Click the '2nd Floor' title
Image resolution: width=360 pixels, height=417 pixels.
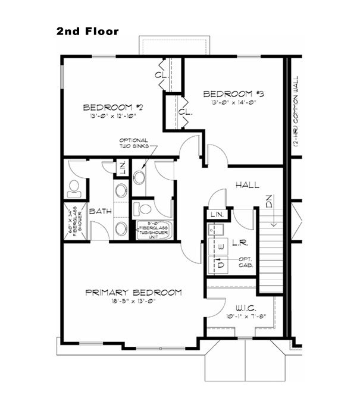click(x=87, y=31)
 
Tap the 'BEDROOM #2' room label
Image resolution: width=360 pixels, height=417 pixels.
click(x=114, y=108)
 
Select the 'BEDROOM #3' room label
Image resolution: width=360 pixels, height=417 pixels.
click(x=233, y=94)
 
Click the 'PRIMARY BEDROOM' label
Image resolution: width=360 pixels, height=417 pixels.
click(x=133, y=293)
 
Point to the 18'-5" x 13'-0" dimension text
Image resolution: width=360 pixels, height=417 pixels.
click(x=133, y=302)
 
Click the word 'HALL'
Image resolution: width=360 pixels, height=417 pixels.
click(x=246, y=185)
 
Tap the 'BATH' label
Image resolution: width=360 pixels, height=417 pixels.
click(x=98, y=211)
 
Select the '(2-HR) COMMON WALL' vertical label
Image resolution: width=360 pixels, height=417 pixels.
click(x=295, y=112)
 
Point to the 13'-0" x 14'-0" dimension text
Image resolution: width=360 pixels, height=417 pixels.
click(x=233, y=102)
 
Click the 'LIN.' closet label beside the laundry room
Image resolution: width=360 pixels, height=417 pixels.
click(x=217, y=214)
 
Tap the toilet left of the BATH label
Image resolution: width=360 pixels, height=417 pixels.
click(x=74, y=188)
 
